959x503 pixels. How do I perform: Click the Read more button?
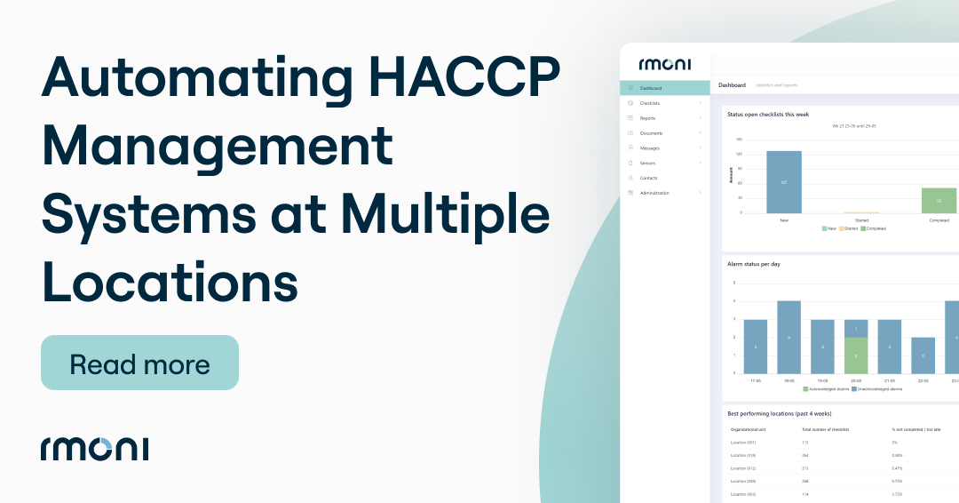[x=139, y=363]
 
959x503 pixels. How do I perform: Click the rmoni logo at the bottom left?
[x=94, y=448]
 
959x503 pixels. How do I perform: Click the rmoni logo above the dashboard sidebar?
[x=664, y=64]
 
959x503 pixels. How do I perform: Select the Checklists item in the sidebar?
[x=650, y=103]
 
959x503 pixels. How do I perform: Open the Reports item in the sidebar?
[x=647, y=118]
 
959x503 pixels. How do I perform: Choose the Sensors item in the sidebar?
[x=647, y=164]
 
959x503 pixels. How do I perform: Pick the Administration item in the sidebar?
[x=654, y=193]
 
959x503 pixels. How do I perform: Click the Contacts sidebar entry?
[x=648, y=178]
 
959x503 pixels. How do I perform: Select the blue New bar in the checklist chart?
[x=784, y=181]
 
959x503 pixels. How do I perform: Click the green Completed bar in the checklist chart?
[x=939, y=200]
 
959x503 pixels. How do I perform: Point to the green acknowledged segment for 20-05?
[x=856, y=355]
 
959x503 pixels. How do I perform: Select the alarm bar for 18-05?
[x=789, y=337]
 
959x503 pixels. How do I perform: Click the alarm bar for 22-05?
[x=923, y=355]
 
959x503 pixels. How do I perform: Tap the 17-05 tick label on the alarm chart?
[x=756, y=380]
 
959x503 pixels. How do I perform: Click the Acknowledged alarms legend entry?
[x=827, y=389]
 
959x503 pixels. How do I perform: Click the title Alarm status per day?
[x=753, y=264]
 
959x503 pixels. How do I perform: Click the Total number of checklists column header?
[x=827, y=429]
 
